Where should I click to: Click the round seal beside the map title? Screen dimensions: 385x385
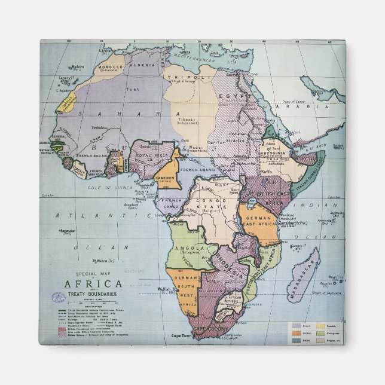pos(59,297)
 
